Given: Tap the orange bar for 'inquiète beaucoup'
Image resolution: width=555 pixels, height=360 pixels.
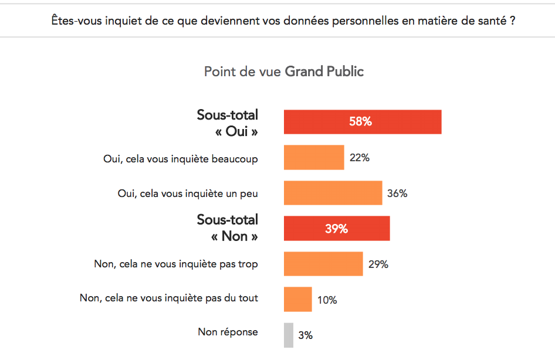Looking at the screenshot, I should point(314,158).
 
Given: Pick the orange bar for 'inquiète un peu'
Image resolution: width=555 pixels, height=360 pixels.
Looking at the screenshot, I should point(333,193).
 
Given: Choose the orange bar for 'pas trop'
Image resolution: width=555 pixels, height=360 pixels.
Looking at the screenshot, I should point(323,264).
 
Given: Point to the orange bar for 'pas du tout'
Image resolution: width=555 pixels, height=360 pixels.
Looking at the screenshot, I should point(297,300).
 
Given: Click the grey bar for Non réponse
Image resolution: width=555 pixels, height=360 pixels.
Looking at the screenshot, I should point(288,335).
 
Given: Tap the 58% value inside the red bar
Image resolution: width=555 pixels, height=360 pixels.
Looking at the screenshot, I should point(360,122).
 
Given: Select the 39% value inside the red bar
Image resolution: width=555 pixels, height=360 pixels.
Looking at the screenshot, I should point(337,229).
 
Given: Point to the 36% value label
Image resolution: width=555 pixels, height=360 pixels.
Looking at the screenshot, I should point(397,193).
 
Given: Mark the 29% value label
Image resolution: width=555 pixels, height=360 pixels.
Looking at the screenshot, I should point(378,264).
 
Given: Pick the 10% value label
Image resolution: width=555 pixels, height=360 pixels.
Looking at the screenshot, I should point(327,300).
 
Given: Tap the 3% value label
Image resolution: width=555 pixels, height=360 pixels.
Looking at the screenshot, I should point(305,335).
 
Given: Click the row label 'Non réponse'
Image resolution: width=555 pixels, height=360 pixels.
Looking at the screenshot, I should point(228,332).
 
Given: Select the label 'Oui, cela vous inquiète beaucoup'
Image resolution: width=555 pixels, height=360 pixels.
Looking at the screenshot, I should point(180,158).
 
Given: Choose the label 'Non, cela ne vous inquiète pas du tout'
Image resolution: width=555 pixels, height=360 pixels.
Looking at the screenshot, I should point(168,298).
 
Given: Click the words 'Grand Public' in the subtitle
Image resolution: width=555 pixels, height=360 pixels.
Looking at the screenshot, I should point(324,72).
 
